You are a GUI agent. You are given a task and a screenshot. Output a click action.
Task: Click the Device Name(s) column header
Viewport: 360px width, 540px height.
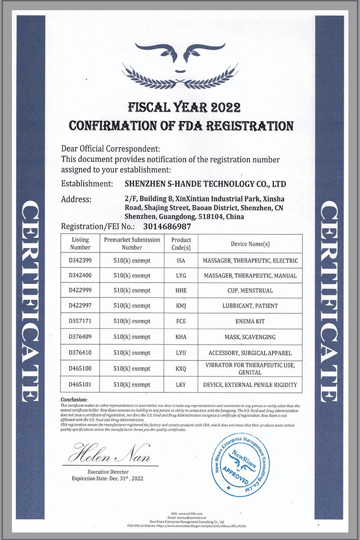click(250, 243)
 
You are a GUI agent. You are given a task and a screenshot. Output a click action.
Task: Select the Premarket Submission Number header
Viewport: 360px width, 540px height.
click(132, 243)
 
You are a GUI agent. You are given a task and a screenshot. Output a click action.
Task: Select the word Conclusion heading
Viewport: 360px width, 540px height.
click(74, 400)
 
